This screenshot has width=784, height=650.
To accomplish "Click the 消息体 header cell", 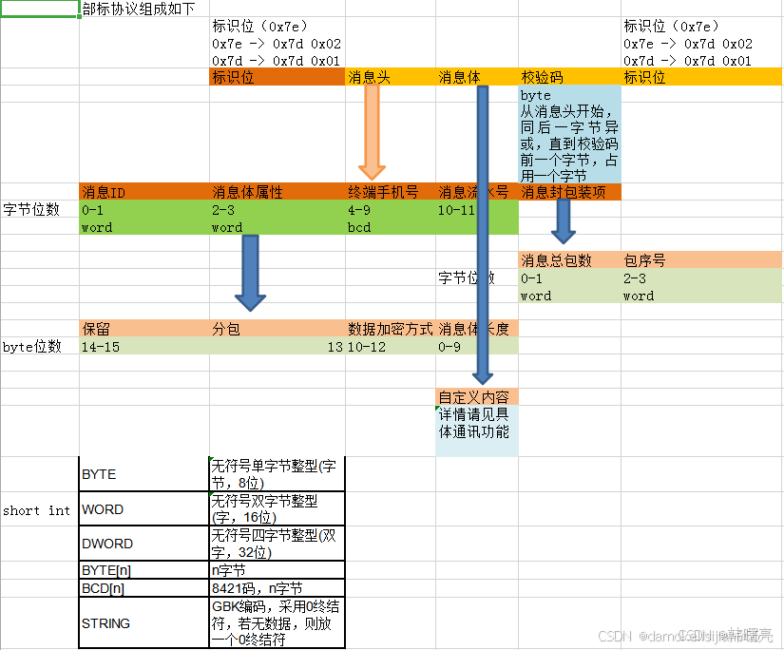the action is click(x=460, y=78).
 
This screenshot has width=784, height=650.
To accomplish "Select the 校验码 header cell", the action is click(x=543, y=78).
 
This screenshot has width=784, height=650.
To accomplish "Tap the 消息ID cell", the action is click(x=104, y=193).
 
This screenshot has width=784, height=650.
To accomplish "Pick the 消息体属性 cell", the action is click(x=247, y=193).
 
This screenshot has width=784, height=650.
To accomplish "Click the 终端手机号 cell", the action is click(x=384, y=193).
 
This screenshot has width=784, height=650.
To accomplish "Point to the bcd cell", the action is click(x=359, y=228).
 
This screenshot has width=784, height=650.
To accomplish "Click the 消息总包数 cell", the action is click(x=556, y=260).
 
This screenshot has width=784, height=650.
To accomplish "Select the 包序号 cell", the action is click(x=645, y=260).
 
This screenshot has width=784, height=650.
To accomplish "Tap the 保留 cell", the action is click(x=96, y=330).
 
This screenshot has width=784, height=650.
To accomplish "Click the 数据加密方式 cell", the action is click(x=391, y=330).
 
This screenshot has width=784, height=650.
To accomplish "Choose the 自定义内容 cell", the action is click(x=473, y=397).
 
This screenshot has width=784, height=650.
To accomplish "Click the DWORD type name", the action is click(x=107, y=545).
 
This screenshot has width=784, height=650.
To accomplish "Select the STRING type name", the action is click(x=106, y=623).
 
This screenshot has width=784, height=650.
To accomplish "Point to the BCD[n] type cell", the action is click(x=104, y=588).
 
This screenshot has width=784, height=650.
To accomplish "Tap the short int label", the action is click(x=37, y=510).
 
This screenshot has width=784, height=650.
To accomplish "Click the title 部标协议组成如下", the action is click(x=139, y=10).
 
